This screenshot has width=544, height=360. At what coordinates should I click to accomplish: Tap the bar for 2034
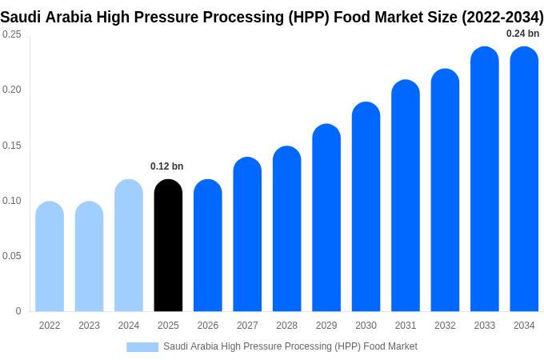[x=524, y=179]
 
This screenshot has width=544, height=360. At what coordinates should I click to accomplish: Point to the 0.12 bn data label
[x=166, y=166]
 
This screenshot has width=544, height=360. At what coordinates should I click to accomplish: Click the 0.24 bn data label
[x=522, y=34]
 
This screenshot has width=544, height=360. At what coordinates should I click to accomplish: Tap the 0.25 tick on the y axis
[x=12, y=34]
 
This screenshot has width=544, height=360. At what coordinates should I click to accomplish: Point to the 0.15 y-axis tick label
[x=12, y=146]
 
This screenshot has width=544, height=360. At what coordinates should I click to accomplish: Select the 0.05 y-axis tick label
[x=12, y=256]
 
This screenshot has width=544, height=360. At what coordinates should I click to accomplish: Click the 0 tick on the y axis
[x=18, y=311]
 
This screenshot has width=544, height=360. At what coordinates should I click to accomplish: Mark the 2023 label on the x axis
[x=89, y=326]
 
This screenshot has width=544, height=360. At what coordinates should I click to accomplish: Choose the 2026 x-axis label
[x=208, y=326]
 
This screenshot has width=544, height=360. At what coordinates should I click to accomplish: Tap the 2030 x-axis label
[x=366, y=326]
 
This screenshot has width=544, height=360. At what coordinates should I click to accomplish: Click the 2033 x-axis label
[x=485, y=326]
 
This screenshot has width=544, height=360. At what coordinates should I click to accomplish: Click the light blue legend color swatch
[x=142, y=347]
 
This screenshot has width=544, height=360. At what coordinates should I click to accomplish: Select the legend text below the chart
[x=290, y=346]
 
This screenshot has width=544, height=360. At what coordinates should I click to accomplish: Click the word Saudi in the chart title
[x=22, y=17]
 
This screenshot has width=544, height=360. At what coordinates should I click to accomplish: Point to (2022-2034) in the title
[x=502, y=17]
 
